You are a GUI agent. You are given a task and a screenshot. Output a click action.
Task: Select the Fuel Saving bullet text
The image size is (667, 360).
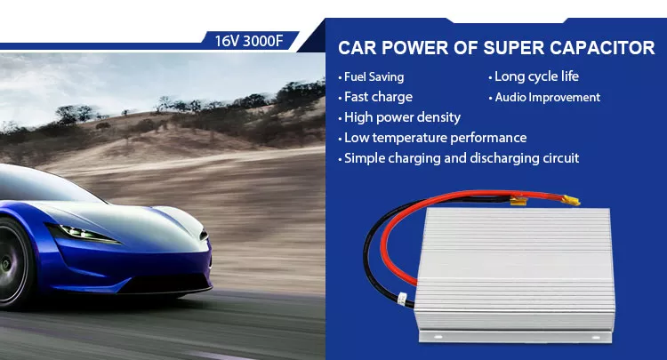[x=374, y=77]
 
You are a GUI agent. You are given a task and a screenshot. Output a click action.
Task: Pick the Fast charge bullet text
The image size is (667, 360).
[x=378, y=97]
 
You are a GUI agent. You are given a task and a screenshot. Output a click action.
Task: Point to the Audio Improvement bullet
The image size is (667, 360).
[x=547, y=97]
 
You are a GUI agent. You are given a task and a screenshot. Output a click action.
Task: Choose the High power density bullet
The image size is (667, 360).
[x=402, y=117]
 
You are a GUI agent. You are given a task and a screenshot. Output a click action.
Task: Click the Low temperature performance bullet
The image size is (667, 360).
[x=435, y=138]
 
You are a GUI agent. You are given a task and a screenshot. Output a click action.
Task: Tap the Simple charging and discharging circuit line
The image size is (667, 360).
[x=461, y=158]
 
